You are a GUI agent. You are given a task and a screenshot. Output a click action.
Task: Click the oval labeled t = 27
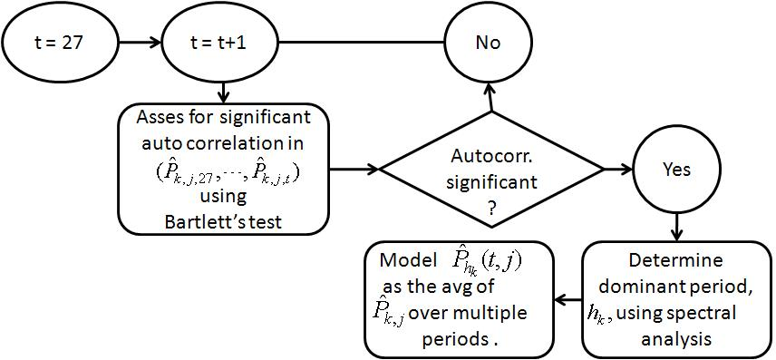(59, 43)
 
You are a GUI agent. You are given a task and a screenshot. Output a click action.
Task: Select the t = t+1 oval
(222, 43)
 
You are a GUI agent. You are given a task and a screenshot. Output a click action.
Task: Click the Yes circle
(675, 170)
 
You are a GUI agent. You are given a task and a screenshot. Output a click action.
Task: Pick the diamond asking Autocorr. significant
(491, 170)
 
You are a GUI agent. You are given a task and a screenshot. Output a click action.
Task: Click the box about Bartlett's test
(223, 169)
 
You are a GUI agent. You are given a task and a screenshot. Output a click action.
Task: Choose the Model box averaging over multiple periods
(459, 300)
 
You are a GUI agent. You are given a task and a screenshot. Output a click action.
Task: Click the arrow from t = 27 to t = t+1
(141, 43)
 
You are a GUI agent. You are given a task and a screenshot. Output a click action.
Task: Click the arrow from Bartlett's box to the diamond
(355, 169)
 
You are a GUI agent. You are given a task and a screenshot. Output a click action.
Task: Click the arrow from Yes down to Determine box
(675, 225)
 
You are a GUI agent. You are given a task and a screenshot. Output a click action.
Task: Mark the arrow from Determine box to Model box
(567, 300)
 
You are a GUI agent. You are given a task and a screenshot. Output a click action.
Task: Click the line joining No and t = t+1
(363, 43)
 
